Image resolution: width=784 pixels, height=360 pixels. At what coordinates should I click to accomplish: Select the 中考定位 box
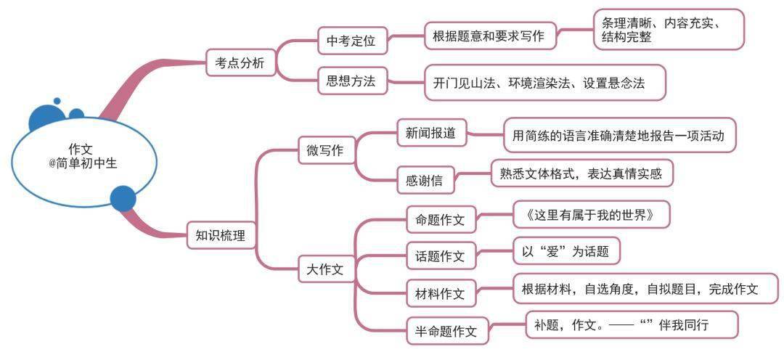(353, 41)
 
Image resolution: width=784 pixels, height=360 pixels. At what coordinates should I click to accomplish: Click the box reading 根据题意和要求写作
(490, 36)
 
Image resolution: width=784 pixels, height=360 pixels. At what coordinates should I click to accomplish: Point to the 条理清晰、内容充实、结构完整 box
(669, 30)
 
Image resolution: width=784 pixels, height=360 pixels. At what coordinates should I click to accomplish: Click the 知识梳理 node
(221, 235)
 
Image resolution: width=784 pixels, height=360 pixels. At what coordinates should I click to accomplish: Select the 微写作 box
(327, 150)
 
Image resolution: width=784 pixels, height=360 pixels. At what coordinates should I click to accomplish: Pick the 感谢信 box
(426, 180)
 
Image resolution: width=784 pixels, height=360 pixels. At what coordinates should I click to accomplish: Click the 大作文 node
(326, 270)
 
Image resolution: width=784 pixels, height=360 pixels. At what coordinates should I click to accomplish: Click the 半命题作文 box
(447, 330)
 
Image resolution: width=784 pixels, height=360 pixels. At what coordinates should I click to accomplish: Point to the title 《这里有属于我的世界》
(591, 216)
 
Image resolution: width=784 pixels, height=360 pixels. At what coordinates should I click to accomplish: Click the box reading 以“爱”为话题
(567, 251)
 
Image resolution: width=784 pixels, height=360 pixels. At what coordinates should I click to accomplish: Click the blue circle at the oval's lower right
(123, 198)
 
